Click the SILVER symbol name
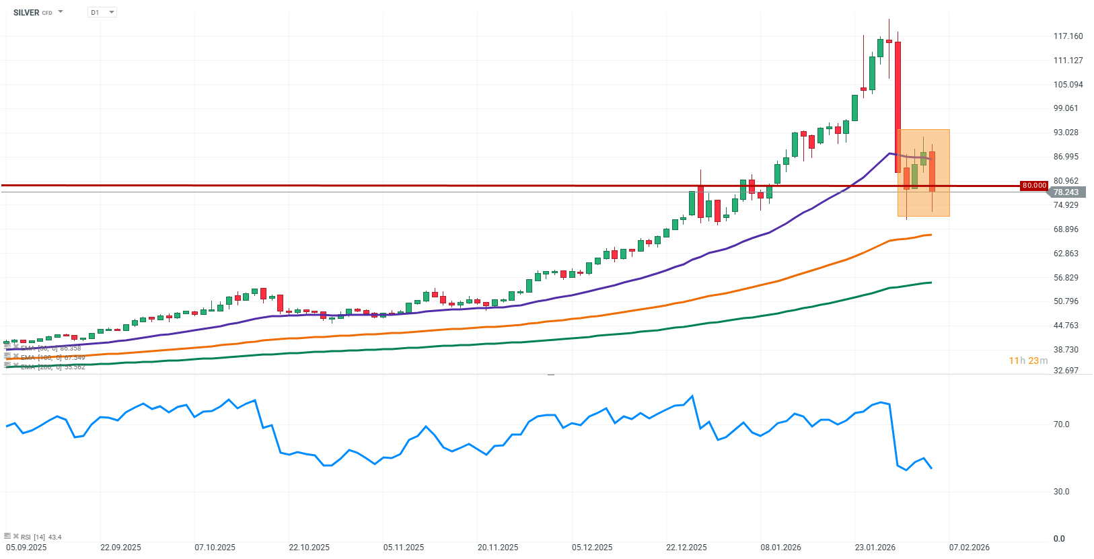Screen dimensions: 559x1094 [x=26, y=13]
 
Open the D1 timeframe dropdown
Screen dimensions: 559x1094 [x=102, y=13]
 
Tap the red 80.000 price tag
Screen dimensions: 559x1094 [x=1034, y=186]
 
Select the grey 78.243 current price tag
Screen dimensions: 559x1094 [x=1066, y=192]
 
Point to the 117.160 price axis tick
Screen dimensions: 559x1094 [x=1068, y=36]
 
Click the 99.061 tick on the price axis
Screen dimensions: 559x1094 [x=1066, y=108]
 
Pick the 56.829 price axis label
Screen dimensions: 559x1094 [x=1066, y=278]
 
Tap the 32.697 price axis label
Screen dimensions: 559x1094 [x=1066, y=371]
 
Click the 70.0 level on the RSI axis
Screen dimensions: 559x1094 [x=1061, y=424]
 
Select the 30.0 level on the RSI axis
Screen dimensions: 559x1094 [x=1061, y=492]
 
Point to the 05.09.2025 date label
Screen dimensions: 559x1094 [x=26, y=548]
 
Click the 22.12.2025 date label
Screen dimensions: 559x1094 [x=686, y=548]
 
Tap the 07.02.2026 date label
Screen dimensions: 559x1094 [x=969, y=548]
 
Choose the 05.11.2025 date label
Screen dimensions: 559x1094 [x=404, y=548]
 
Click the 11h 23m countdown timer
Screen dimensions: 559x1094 [x=1027, y=361]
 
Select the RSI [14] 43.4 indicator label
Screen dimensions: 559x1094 [x=40, y=537]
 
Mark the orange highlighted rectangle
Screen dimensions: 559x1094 [x=923, y=173]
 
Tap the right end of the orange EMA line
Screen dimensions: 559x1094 [x=931, y=235]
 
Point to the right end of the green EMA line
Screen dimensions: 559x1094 [x=931, y=283]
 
